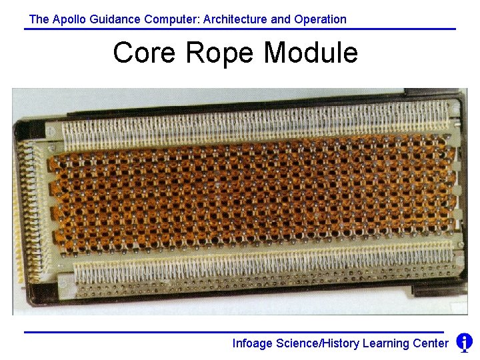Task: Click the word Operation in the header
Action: (x=320, y=19)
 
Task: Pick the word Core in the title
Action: (x=141, y=53)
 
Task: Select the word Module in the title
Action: (x=311, y=53)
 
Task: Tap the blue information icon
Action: (x=465, y=343)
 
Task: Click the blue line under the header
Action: (x=240, y=29)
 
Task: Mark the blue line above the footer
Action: (x=233, y=332)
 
